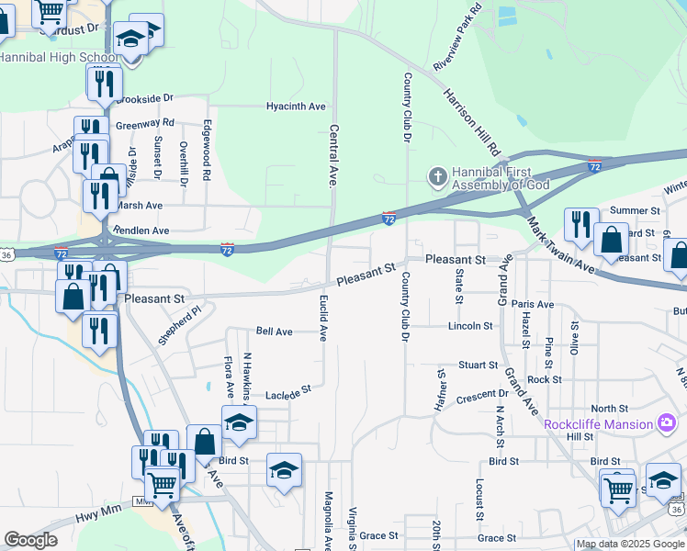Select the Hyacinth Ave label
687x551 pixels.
296,107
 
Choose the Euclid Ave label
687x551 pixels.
323,319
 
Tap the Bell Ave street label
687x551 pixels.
274,331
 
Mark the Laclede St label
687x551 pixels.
288,392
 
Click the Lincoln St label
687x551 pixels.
470,326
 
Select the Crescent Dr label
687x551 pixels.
476,396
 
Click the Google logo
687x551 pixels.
31,539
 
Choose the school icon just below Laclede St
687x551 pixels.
239,422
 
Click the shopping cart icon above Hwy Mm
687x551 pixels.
163,483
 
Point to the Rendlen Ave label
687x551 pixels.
141,231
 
